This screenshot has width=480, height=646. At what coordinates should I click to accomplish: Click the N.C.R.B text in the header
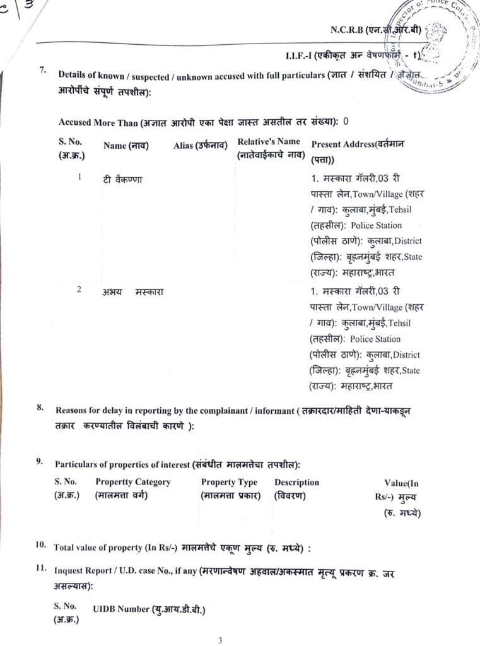(x=348, y=30)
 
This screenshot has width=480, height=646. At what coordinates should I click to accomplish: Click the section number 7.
(x=42, y=69)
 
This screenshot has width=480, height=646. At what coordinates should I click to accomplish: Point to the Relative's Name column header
(x=269, y=148)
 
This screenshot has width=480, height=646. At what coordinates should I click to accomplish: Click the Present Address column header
(x=358, y=150)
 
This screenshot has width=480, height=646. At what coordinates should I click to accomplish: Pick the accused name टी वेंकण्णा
(x=123, y=179)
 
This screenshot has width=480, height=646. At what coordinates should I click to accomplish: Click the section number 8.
(x=40, y=408)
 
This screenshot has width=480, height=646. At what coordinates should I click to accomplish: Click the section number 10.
(x=41, y=544)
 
